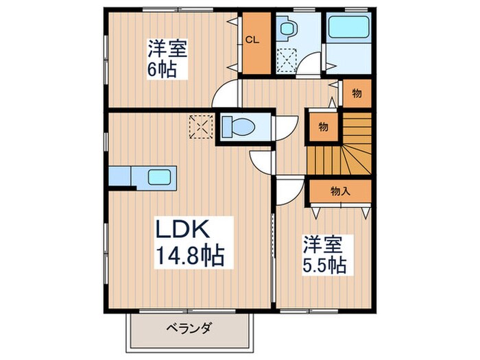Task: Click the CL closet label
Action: pos(252,39)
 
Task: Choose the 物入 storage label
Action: pos(340,191)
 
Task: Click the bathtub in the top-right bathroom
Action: pos(349,29)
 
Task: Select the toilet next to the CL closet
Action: pos(287,29)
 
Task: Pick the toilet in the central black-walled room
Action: pos(239,127)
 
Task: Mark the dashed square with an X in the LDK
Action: pos(201,126)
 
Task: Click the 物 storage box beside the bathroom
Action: pos(357,93)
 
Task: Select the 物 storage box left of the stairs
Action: pos(322,125)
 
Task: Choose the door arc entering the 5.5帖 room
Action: pos(288,191)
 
